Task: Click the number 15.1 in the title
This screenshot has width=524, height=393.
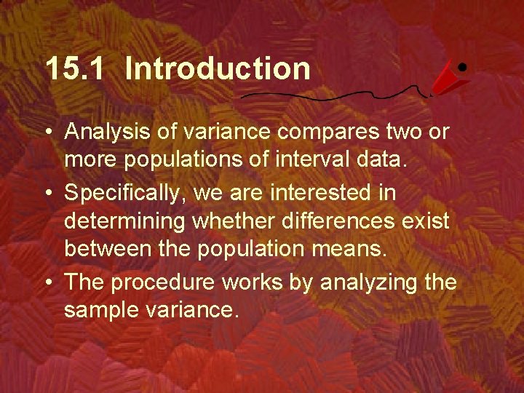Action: [76, 69]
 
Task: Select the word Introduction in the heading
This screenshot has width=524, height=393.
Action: [218, 69]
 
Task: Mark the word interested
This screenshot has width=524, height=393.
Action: [342, 194]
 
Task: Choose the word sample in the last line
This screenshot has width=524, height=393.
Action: [103, 310]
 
